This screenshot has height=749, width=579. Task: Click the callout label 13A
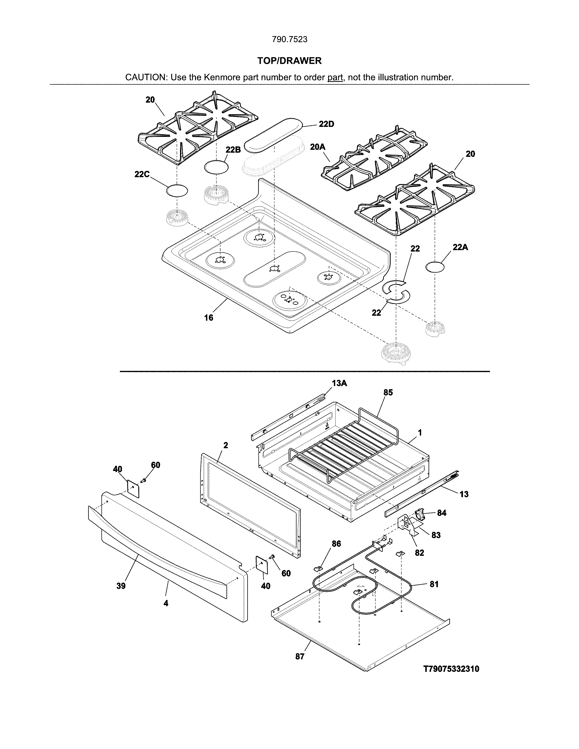pos(339,383)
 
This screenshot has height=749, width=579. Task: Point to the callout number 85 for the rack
pos(388,393)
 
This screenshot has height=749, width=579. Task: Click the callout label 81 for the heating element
pos(434,584)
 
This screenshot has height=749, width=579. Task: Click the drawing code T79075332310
pos(451,669)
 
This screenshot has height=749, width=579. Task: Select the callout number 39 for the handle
pos(121,586)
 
